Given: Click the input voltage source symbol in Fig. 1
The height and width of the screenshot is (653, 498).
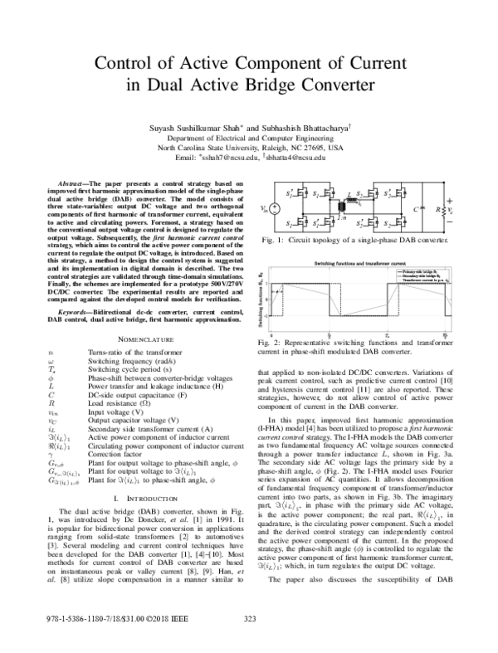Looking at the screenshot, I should pos(276,210).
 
